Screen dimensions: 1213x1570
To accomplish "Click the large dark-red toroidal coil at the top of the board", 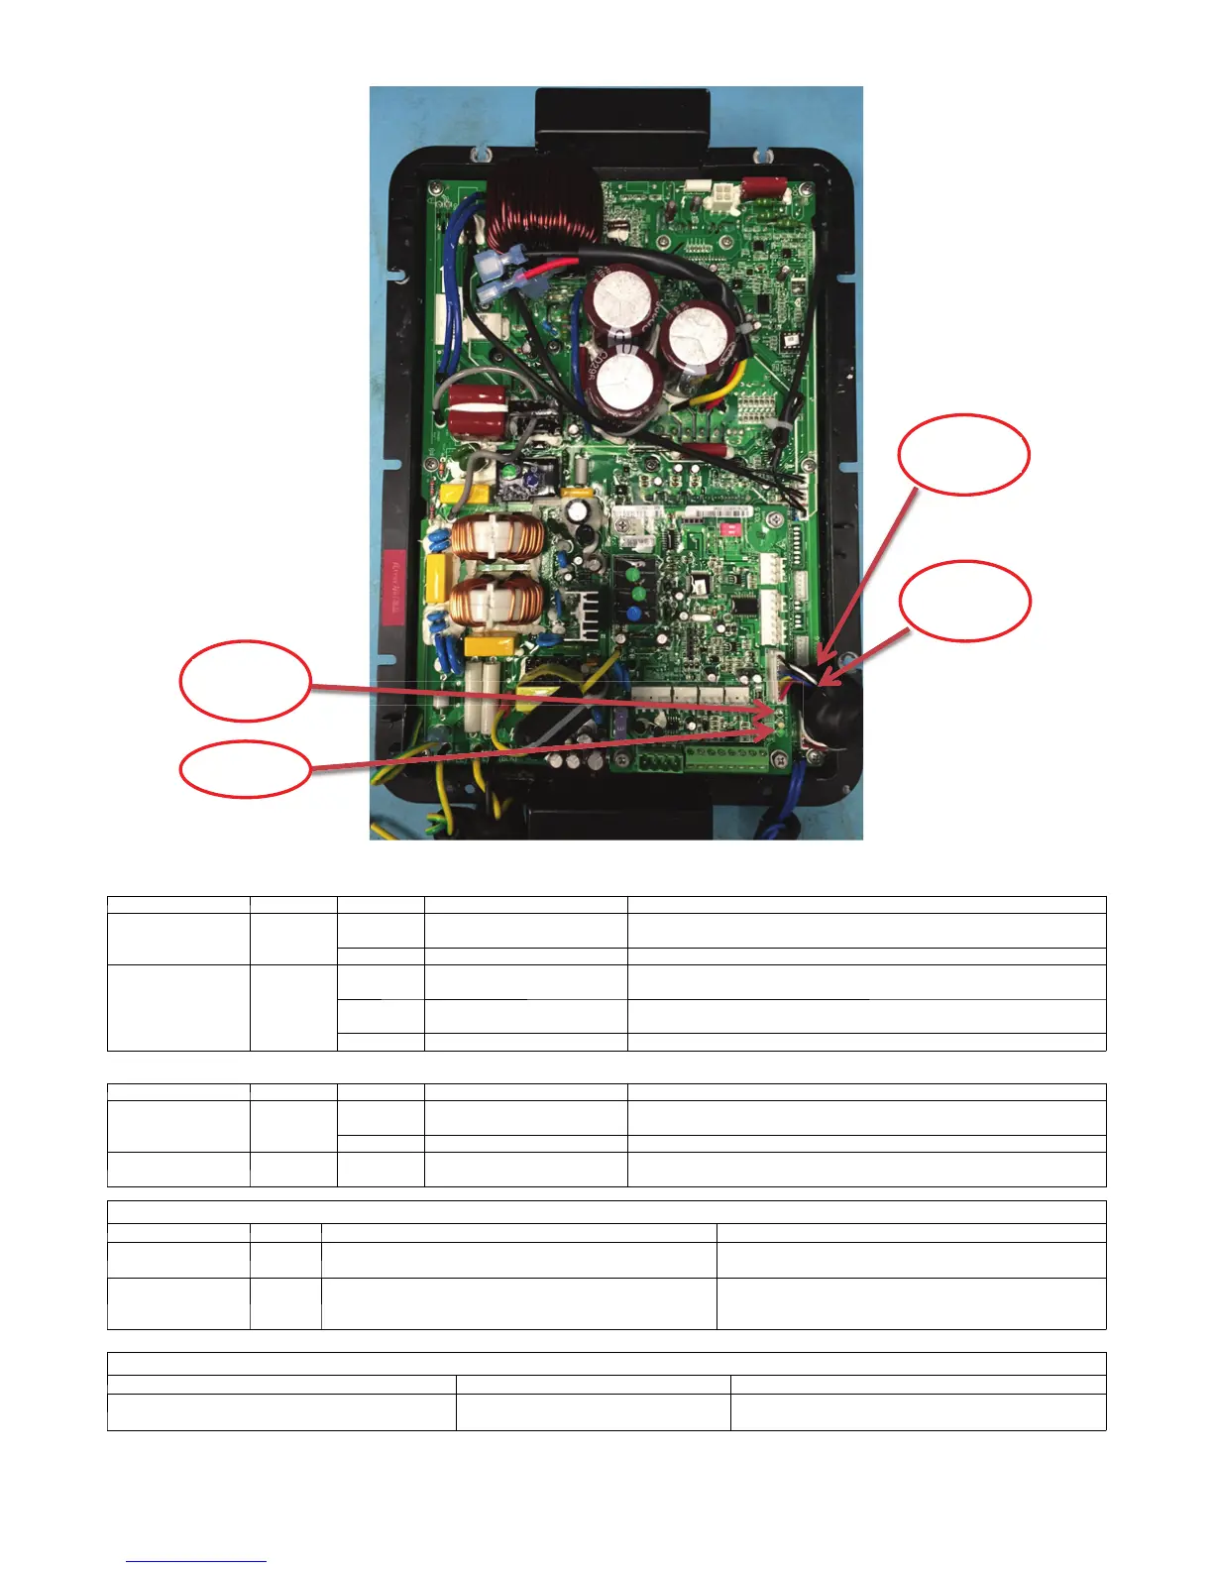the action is coord(543,206).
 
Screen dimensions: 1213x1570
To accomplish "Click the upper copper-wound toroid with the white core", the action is coord(496,539).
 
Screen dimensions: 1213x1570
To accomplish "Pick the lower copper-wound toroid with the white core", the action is coord(496,605).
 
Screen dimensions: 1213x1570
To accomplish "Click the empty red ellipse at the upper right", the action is coord(963,454).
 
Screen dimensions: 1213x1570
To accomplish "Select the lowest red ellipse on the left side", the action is coord(245,770).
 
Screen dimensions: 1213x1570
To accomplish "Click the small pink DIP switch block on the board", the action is coord(730,529).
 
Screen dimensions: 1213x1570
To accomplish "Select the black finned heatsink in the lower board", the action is coord(580,615).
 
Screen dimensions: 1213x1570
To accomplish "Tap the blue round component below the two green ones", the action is coord(639,614).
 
